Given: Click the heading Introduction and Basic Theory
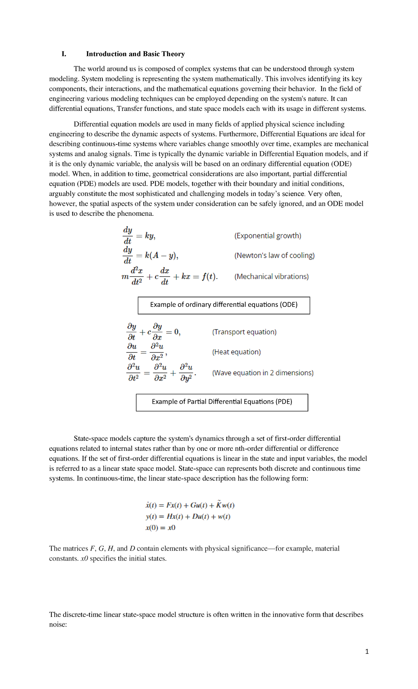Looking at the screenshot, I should click(135, 54).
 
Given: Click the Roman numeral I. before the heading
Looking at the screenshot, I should click(64, 54).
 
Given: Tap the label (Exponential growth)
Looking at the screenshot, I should click(268, 236).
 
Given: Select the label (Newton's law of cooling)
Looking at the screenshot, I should click(274, 256).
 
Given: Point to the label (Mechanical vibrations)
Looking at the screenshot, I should click(271, 277).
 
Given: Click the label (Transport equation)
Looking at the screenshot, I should click(244, 332).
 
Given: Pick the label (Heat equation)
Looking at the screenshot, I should click(236, 352).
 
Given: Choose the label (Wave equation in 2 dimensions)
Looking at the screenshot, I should click(263, 373).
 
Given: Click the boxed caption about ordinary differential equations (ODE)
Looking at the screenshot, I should click(224, 305).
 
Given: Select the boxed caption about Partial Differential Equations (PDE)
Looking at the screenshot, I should click(222, 402).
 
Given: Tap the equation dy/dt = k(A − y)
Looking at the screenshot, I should click(150, 256).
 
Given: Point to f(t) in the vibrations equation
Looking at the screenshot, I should click(209, 277).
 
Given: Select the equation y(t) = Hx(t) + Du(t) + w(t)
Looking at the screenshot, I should click(188, 517).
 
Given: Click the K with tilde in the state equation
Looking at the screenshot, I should click(218, 505).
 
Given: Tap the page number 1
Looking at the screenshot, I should click(367, 651).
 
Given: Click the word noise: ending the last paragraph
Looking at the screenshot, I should click(58, 624).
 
